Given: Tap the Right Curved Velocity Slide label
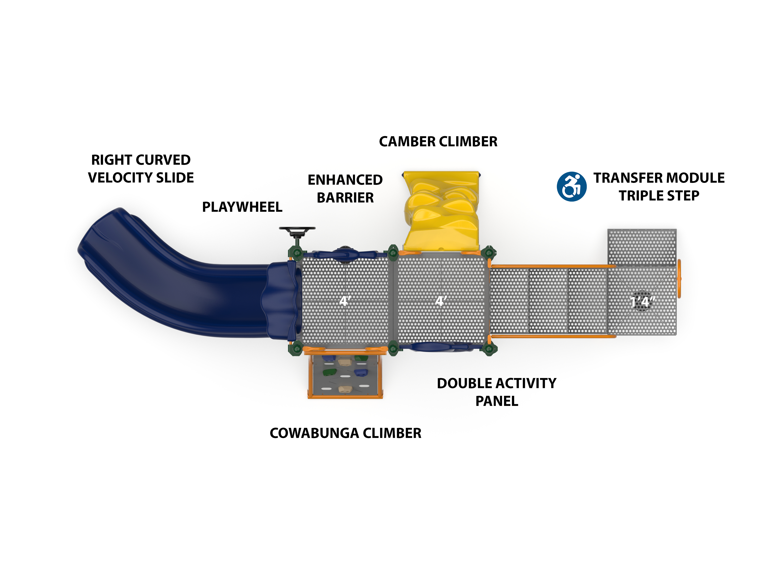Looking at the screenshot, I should point(141,169).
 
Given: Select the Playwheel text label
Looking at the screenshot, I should point(242,207).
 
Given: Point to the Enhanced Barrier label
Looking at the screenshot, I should point(345,189).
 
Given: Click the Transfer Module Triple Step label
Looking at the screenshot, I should point(659,187).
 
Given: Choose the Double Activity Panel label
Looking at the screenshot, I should point(497,392).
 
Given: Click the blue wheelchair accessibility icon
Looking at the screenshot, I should point(571,187).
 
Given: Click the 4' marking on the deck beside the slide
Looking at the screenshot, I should point(345,301).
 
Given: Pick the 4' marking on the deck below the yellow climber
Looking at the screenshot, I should point(441,301).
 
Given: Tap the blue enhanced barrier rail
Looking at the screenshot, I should point(345,255).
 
